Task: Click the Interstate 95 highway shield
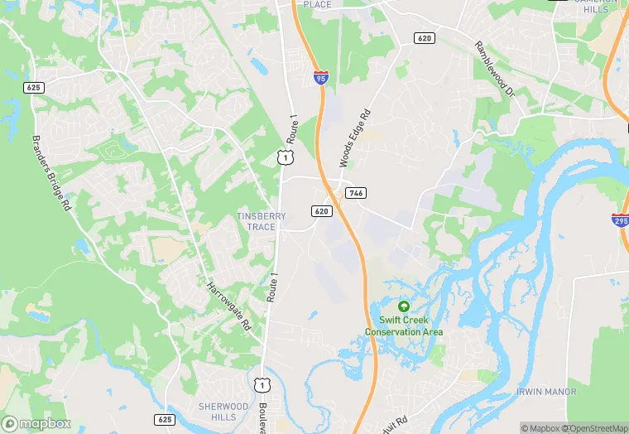point(320,78)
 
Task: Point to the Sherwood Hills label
point(223,412)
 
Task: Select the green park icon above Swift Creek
point(404,306)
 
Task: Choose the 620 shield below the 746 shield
point(323,211)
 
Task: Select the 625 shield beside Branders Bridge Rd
point(33,87)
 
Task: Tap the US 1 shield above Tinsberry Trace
point(284,156)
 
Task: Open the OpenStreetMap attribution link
point(595,428)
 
